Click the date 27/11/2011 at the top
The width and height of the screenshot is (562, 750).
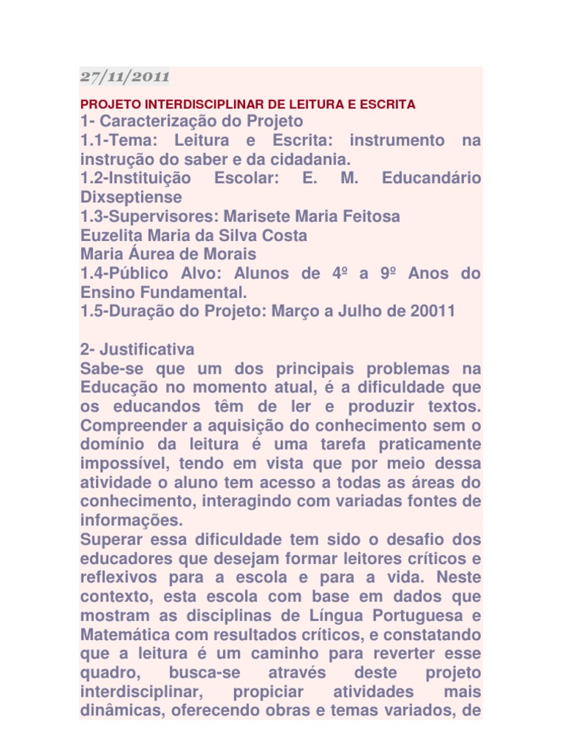coord(124,75)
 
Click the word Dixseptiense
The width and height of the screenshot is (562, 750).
coord(131,197)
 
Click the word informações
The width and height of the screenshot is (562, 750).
coord(129,521)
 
